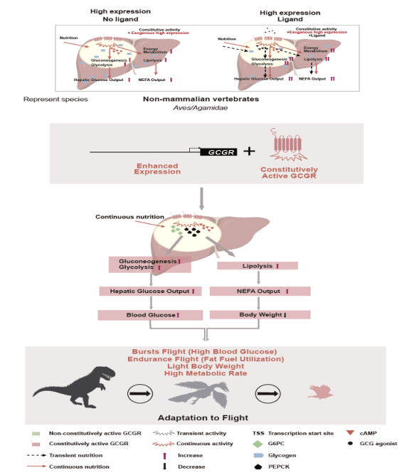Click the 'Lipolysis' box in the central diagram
click(261, 265)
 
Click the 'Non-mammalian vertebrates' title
click(206, 100)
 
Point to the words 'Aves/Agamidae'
click(206, 110)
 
